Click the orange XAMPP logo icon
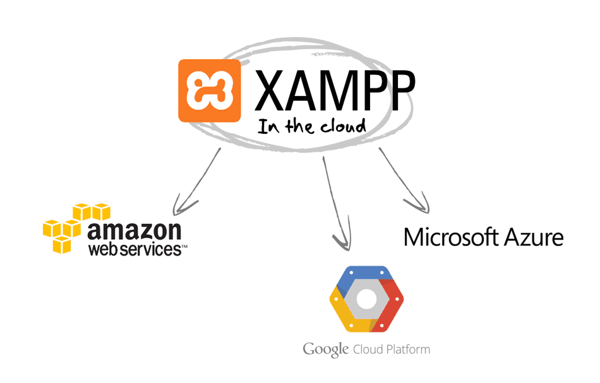click(x=209, y=90)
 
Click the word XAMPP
click(x=335, y=90)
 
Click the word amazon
click(x=135, y=230)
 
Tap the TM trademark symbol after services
click(x=184, y=251)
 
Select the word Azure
click(x=534, y=238)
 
